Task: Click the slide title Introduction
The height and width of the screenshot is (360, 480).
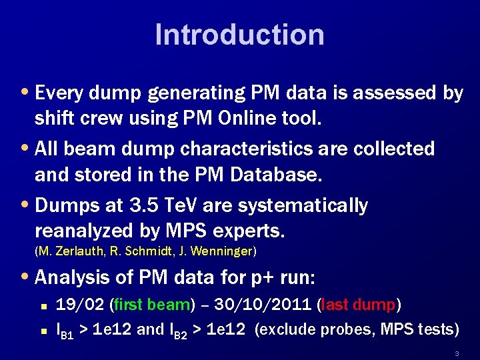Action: (239, 35)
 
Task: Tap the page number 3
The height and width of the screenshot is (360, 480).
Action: (457, 353)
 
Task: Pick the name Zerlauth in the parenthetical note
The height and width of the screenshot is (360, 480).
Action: (77, 251)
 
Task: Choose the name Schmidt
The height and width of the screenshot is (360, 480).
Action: (149, 251)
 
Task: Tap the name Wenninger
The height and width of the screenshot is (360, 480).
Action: (223, 251)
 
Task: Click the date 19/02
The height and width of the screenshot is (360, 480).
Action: (76, 305)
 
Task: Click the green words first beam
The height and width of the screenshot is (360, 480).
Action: (153, 305)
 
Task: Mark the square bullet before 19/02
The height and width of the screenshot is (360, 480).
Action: (42, 306)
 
